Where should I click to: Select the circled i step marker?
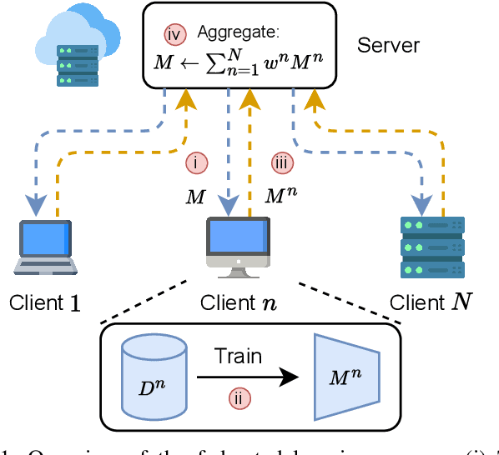(x=195, y=164)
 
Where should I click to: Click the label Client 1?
(x=45, y=302)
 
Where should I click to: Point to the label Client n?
(x=238, y=302)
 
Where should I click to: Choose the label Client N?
(x=431, y=302)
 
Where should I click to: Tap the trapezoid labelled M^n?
(x=346, y=376)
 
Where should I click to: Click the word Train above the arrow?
(x=238, y=357)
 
